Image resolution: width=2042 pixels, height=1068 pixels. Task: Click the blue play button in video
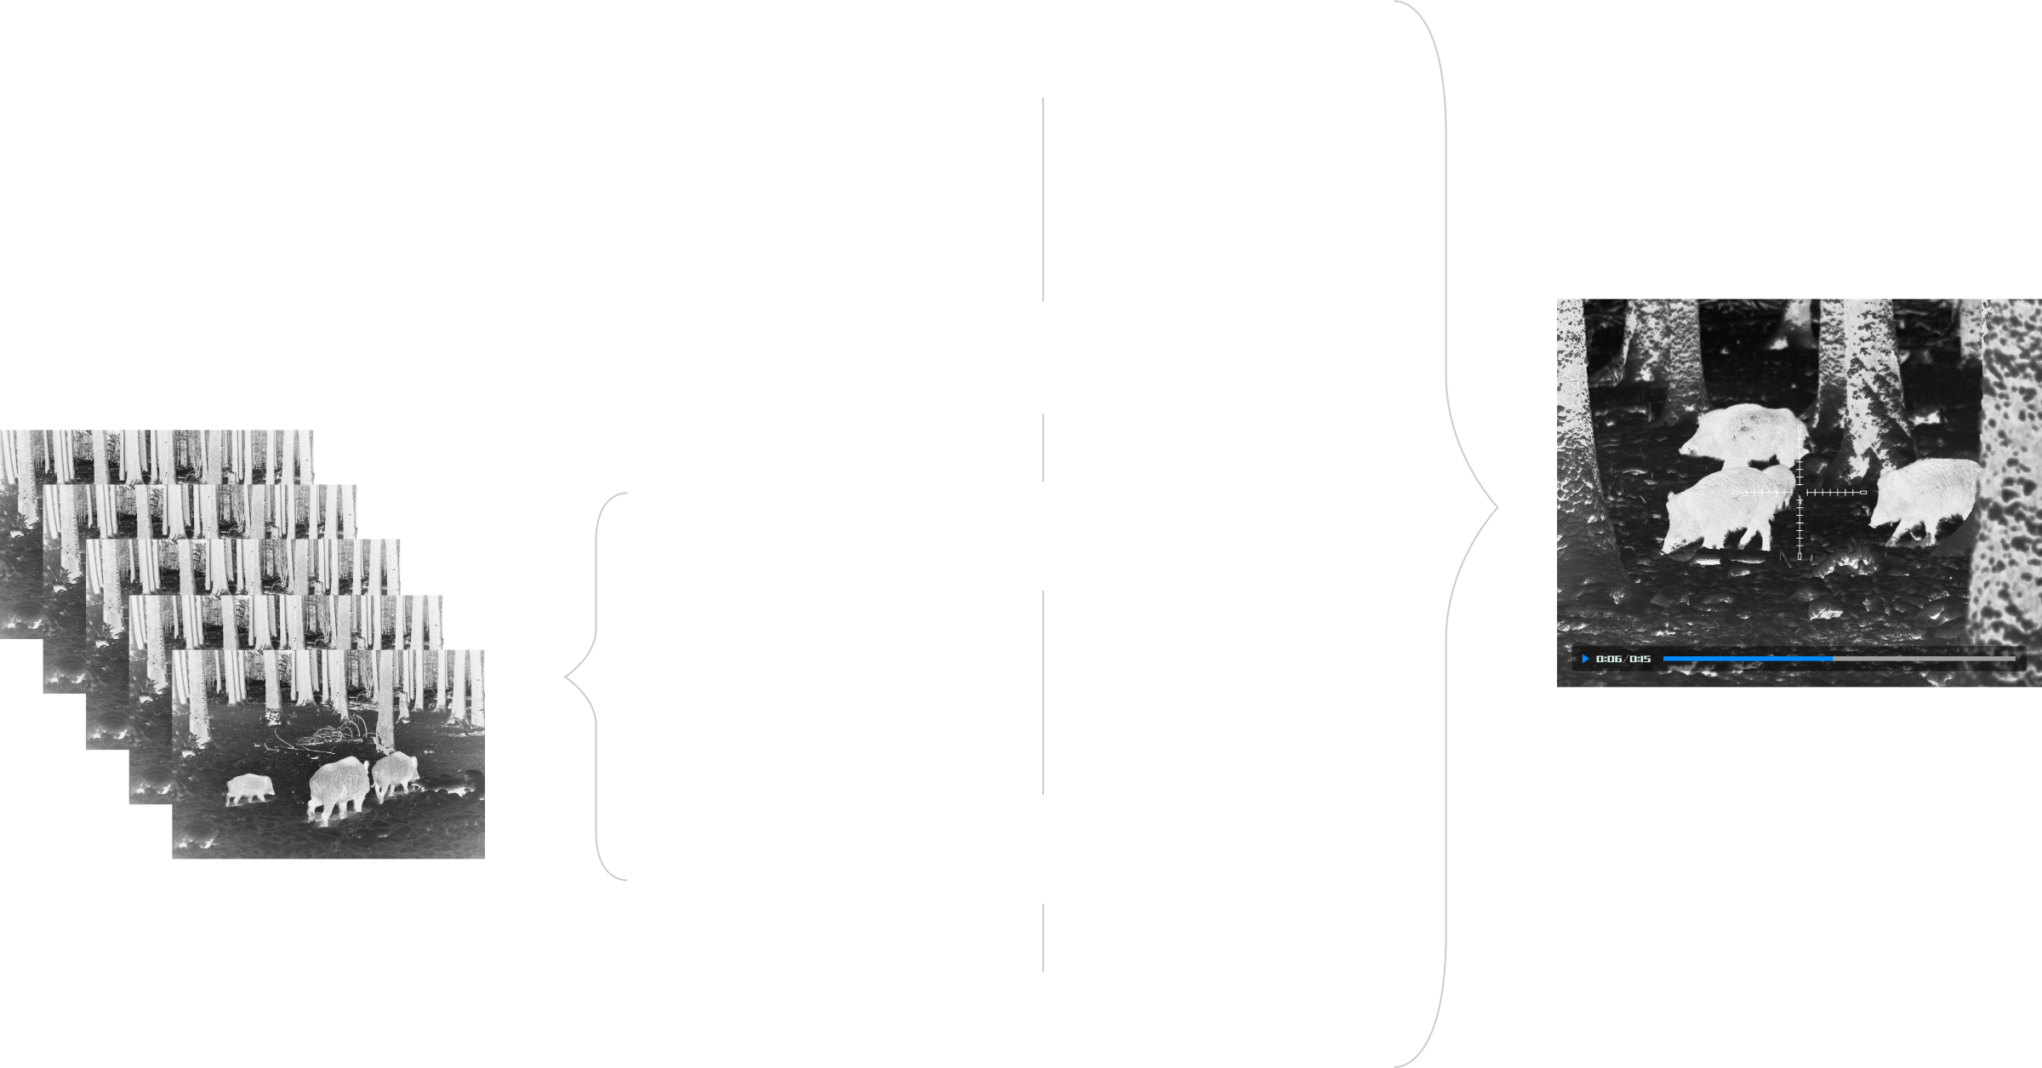click(1585, 659)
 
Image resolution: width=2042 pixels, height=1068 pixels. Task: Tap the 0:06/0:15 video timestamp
click(1623, 659)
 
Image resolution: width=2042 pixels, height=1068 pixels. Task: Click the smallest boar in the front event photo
click(249, 788)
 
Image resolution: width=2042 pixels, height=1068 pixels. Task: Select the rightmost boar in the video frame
click(1925, 498)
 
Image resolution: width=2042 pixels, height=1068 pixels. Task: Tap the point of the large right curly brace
click(1497, 509)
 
